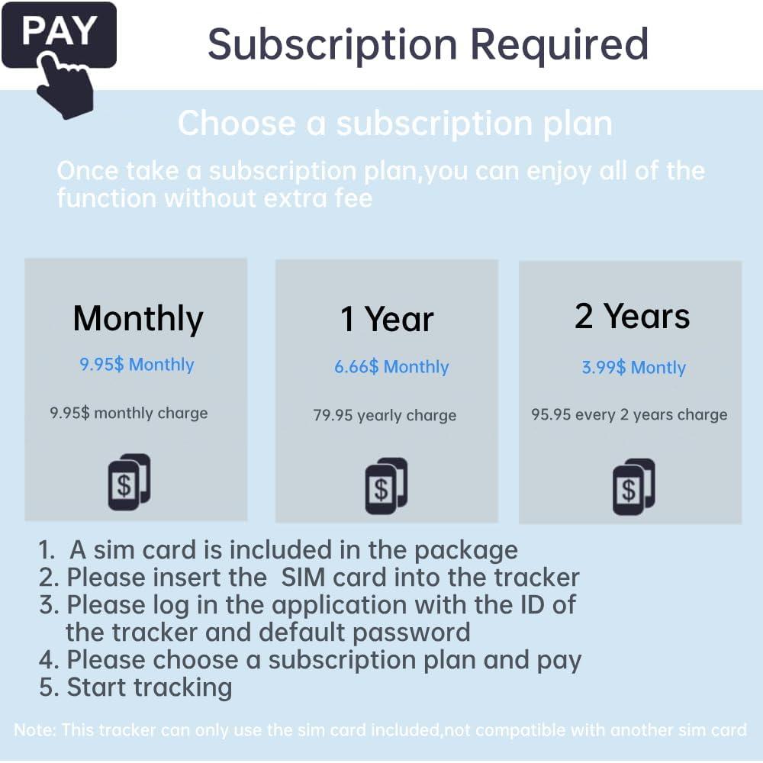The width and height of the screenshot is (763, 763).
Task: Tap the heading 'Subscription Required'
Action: click(x=428, y=45)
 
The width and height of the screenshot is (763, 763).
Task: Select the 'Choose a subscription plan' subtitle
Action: click(x=394, y=124)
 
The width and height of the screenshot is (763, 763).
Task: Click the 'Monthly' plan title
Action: click(x=137, y=320)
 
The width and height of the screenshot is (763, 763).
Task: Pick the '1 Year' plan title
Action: click(x=387, y=320)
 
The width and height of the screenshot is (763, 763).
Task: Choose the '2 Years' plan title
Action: click(x=632, y=317)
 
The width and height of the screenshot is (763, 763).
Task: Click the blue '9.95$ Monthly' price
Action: click(x=137, y=365)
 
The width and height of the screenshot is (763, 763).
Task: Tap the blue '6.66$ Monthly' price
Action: click(x=391, y=366)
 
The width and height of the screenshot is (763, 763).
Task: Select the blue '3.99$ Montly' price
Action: click(x=633, y=368)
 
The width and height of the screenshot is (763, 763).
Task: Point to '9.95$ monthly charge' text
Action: click(x=129, y=413)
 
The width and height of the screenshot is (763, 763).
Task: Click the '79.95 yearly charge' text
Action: click(x=385, y=415)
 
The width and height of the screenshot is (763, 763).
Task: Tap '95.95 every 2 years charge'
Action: click(x=629, y=414)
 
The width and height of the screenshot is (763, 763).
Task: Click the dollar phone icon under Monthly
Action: click(x=129, y=482)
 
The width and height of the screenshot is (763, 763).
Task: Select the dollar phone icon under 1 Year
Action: click(x=386, y=485)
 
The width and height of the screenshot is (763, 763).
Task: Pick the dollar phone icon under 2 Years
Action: click(x=633, y=487)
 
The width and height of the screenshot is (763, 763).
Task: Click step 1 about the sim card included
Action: click(x=278, y=551)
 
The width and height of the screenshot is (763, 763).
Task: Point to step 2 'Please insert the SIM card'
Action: click(x=309, y=578)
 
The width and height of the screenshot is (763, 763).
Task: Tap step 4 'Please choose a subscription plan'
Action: click(x=310, y=661)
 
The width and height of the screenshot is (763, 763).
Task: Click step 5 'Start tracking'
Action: click(x=135, y=688)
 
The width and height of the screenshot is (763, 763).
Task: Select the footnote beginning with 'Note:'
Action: click(x=380, y=730)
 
